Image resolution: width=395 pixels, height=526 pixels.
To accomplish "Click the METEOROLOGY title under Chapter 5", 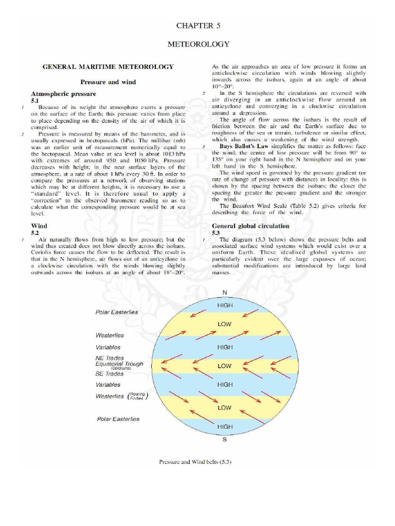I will tap(199, 45).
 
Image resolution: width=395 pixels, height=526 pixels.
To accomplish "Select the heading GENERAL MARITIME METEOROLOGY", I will tap(107, 67).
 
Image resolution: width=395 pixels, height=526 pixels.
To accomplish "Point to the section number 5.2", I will tap(35, 233).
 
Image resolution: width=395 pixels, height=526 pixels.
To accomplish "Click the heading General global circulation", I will tap(250, 226).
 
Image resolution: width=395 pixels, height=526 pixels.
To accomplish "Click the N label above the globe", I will tap(224, 292).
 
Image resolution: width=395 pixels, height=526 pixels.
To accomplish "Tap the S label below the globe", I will tap(224, 440).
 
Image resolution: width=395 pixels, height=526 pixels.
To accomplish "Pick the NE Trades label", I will tap(110, 358).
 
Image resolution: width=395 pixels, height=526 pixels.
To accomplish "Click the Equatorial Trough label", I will tap(119, 364).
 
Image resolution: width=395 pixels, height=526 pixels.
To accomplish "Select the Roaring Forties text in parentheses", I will tap(137, 396).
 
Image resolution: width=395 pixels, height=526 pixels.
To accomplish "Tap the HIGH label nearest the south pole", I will tap(225, 426).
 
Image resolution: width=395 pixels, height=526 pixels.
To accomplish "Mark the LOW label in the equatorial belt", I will tap(225, 366).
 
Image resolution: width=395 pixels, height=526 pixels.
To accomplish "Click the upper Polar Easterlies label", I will tap(117, 312).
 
